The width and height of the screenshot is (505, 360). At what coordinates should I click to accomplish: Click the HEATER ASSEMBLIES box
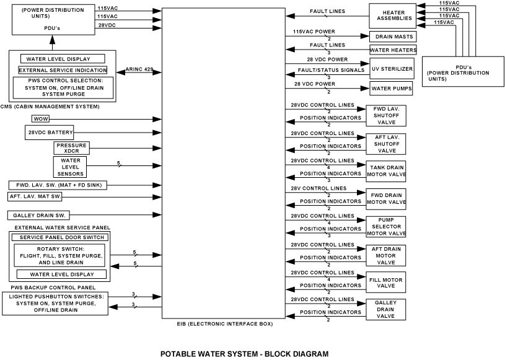393,14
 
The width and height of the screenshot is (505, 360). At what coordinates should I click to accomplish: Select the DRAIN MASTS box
393,37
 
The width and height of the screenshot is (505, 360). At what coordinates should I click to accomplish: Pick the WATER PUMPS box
392,88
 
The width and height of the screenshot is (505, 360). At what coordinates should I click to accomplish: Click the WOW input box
40,118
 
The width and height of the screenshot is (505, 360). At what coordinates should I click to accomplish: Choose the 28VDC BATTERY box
50,133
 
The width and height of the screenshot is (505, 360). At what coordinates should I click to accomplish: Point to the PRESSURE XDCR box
71,148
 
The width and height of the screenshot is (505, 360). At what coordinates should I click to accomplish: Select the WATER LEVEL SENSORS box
71,165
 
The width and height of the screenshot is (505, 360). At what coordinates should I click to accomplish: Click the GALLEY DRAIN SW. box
39,215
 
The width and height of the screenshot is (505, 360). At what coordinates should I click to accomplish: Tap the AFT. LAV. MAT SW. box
35,196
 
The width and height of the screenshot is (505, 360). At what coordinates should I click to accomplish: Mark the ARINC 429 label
139,69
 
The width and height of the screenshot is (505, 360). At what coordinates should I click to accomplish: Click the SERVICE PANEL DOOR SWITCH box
60,237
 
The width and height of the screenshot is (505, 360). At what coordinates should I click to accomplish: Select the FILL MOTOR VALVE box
386,283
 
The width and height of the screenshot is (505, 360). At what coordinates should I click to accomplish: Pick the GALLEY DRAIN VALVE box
386,309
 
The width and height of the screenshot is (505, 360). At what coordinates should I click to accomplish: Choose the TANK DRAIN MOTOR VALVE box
388,170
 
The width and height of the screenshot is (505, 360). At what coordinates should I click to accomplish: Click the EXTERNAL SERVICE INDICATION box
63,70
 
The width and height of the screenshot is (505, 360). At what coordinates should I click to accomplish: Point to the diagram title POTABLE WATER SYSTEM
244,354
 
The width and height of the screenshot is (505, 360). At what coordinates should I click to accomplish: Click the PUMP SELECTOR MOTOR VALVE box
386,226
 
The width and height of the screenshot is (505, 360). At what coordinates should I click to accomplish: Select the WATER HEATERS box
393,50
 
